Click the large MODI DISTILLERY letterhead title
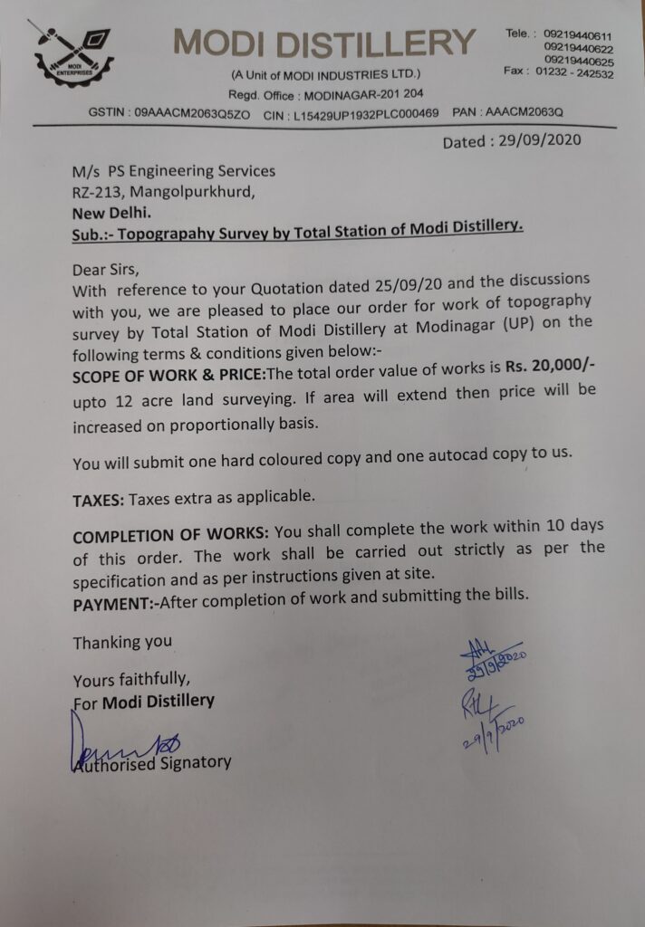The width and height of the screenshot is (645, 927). coord(324,43)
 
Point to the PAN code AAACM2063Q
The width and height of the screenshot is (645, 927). coord(525,112)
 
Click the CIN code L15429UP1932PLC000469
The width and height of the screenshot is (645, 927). coord(367,112)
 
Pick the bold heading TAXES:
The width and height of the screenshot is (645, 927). coord(99,498)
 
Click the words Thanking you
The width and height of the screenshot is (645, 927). coord(122,642)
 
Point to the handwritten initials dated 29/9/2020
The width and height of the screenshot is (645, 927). coord(490,715)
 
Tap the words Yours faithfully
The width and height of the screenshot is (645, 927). coord(131,679)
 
